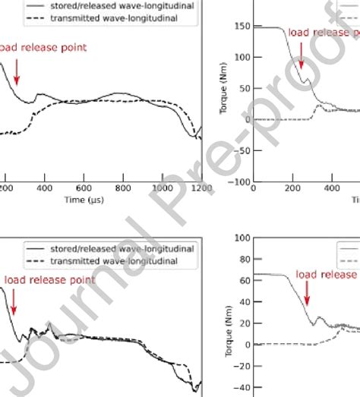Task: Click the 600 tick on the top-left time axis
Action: pos(84,187)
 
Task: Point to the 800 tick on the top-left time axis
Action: pos(123,187)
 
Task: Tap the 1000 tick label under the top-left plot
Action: pos(161,187)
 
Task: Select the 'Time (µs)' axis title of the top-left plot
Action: pos(84,200)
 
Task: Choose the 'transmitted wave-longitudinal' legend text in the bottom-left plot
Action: pos(113,261)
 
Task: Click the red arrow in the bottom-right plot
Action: pos(307,292)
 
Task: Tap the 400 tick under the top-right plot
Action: pos(331,187)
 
